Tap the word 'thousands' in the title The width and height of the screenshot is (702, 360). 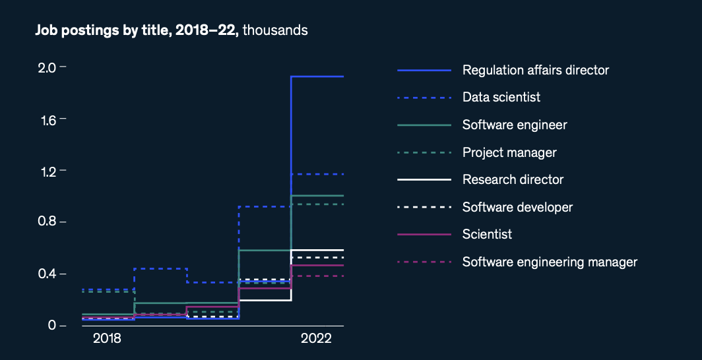(x=275, y=30)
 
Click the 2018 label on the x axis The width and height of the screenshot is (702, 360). (x=107, y=339)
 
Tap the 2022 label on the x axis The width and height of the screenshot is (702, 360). (x=315, y=339)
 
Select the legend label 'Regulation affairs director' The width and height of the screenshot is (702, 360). (x=535, y=70)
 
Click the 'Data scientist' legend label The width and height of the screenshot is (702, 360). (x=501, y=98)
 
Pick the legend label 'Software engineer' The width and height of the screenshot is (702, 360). (x=515, y=125)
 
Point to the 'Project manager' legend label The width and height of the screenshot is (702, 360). (x=509, y=153)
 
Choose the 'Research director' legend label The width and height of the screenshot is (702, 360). (x=513, y=180)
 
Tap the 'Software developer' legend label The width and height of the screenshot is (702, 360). (x=517, y=208)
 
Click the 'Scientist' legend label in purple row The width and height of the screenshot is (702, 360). (x=487, y=235)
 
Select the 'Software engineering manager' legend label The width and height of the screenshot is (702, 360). (x=550, y=262)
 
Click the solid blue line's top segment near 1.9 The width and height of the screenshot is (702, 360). (x=317, y=76)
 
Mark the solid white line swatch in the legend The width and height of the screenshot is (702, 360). (x=424, y=180)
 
